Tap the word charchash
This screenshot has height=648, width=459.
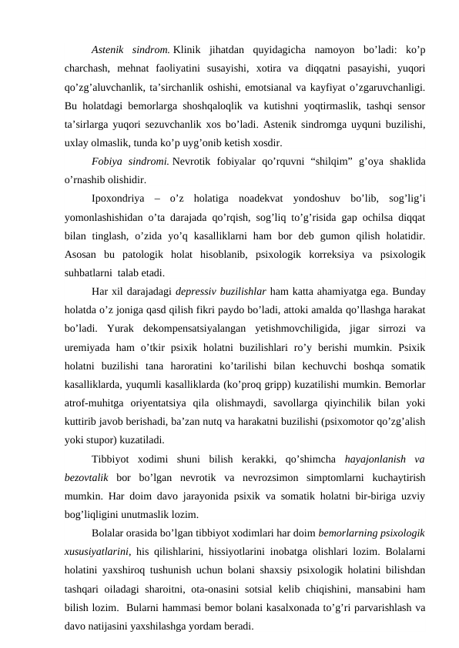click(88, 65)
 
